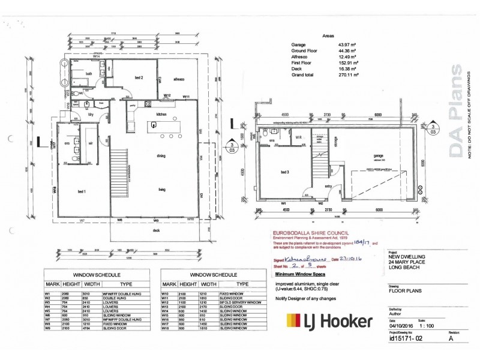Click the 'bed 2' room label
click(x=137, y=78)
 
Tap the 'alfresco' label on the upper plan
click(x=179, y=79)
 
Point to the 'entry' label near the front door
click(x=329, y=187)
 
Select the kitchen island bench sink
click(x=154, y=125)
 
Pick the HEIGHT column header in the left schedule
click(x=72, y=284)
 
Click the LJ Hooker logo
click(x=329, y=322)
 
